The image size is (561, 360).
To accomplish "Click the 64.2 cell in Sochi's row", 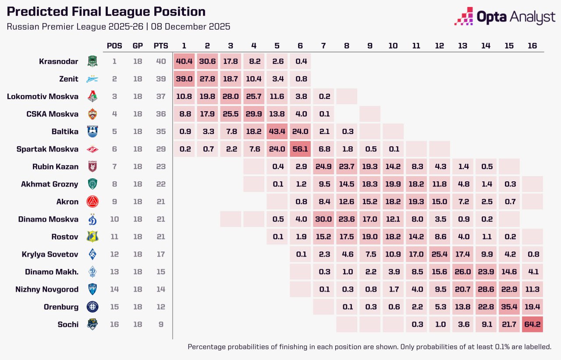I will pyautogui.click(x=532, y=325).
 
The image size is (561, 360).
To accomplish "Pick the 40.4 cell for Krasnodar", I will pyautogui.click(x=185, y=61).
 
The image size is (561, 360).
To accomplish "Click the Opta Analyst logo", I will pyautogui.click(x=505, y=17).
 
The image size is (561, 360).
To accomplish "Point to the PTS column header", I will pyautogui.click(x=160, y=46).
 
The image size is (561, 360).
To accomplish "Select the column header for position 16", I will pyautogui.click(x=532, y=46).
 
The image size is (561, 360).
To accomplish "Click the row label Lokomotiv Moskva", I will pyautogui.click(x=43, y=96).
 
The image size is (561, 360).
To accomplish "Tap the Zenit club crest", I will pyautogui.click(x=92, y=79).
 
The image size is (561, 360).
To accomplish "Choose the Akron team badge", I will pyautogui.click(x=92, y=202).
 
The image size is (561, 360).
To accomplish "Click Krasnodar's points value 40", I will pyautogui.click(x=161, y=61).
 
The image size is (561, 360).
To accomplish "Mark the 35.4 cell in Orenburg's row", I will pyautogui.click(x=509, y=307).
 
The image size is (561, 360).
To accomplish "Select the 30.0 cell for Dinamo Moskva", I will pyautogui.click(x=324, y=219).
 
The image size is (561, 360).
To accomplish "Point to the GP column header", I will pyautogui.click(x=138, y=46).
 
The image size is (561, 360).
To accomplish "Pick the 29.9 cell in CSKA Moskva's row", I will pyautogui.click(x=254, y=114).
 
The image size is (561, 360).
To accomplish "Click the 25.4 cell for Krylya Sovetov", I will pyautogui.click(x=439, y=254).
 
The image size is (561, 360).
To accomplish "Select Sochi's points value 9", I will pyautogui.click(x=161, y=325).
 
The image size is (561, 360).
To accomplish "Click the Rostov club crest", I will pyautogui.click(x=92, y=237).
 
